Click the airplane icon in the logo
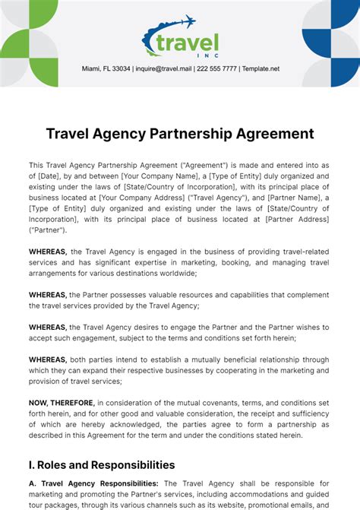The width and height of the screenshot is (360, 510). pyautogui.click(x=184, y=22)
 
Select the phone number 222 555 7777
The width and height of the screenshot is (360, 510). pyautogui.click(x=216, y=68)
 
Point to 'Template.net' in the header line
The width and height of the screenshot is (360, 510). pyautogui.click(x=260, y=68)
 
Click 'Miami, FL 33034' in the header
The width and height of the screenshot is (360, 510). pyautogui.click(x=106, y=68)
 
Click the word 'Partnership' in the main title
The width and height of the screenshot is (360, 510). pyautogui.click(x=194, y=134)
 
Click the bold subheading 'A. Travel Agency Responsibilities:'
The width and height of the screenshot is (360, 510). pyautogui.click(x=93, y=483)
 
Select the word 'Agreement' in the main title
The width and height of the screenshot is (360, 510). pyautogui.click(x=273, y=134)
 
